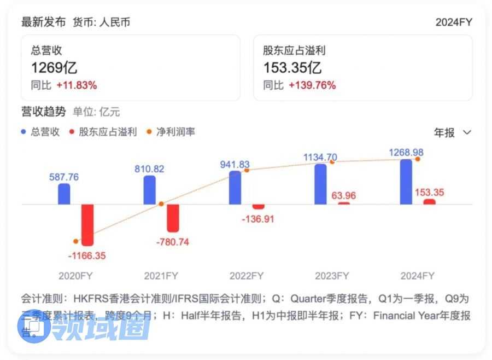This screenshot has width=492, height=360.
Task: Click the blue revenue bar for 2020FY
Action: click(x=64, y=194)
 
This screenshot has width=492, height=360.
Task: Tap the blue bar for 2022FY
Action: click(x=235, y=188)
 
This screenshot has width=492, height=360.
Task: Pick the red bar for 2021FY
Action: click(x=173, y=218)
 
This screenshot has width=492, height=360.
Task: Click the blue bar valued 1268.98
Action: click(x=406, y=182)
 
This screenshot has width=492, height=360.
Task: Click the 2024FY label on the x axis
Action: click(x=417, y=275)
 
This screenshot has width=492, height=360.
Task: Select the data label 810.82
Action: click(x=149, y=169)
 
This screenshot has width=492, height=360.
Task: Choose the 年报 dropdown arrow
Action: click(x=467, y=132)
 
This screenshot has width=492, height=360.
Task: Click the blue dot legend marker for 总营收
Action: click(x=24, y=132)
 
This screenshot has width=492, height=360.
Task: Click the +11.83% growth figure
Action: click(x=77, y=85)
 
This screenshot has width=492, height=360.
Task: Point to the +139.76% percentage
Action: click(x=312, y=85)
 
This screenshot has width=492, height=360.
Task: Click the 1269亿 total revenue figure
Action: click(x=54, y=68)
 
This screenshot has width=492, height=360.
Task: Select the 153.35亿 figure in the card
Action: click(x=292, y=68)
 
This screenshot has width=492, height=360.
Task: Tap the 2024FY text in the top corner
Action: click(x=453, y=22)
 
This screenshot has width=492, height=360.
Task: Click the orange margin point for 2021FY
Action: click(x=161, y=204)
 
